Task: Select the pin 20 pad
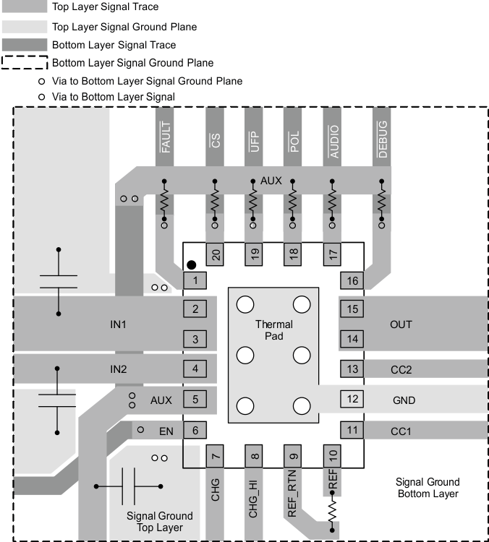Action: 215,254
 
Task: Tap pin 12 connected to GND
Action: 352,398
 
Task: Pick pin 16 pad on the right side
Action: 352,280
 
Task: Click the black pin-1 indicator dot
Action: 192,266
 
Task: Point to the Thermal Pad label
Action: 273,330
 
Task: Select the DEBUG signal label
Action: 383,136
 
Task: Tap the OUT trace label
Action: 401,324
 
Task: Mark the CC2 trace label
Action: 401,369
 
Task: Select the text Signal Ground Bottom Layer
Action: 428,488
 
